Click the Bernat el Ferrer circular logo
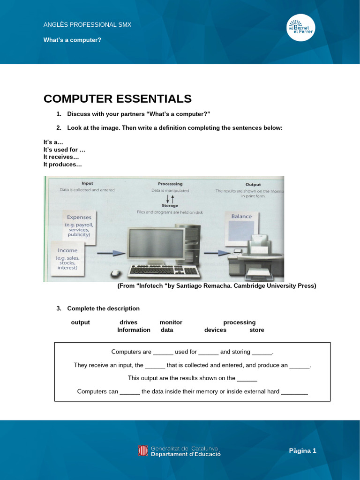[300, 27]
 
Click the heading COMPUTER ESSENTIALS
[118, 99]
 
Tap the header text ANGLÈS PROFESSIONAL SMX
[87, 24]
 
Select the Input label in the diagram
[87, 183]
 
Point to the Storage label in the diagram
[170, 206]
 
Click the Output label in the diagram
[253, 184]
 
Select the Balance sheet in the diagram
[241, 228]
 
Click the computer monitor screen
[156, 243]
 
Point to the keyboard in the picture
[164, 270]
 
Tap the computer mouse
[115, 273]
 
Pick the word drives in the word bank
[128, 322]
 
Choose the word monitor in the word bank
[171, 322]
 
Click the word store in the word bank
[257, 330]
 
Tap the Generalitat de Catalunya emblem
[143, 450]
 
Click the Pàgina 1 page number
[302, 450]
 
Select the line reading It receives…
[61, 157]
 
